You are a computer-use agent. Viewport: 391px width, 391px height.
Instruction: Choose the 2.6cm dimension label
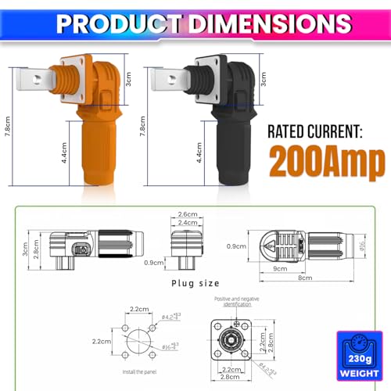coord(187,214)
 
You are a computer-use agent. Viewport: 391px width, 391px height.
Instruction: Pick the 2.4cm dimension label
coord(187,223)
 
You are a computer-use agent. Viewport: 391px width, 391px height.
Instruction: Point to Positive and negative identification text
coord(232,301)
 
